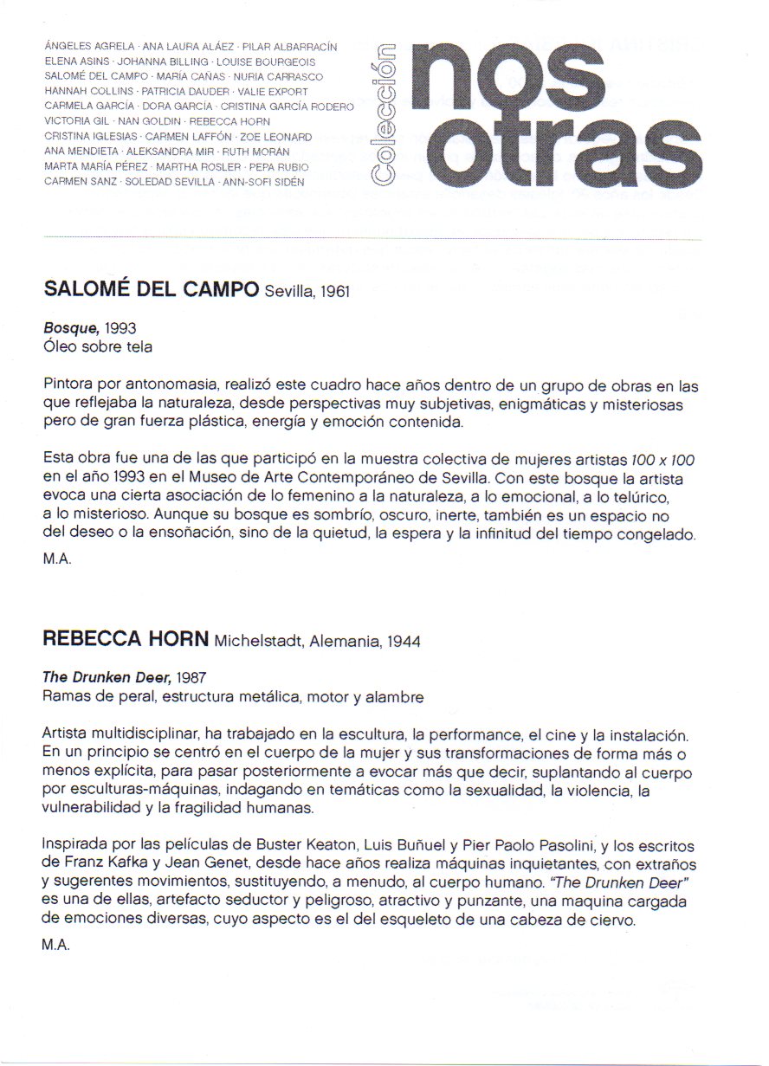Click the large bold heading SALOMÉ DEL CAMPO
[x=151, y=290]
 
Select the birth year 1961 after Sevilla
[x=333, y=292]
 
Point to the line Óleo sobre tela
[x=97, y=346]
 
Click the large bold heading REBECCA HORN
[x=125, y=640]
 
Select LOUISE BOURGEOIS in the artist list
[x=268, y=62]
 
